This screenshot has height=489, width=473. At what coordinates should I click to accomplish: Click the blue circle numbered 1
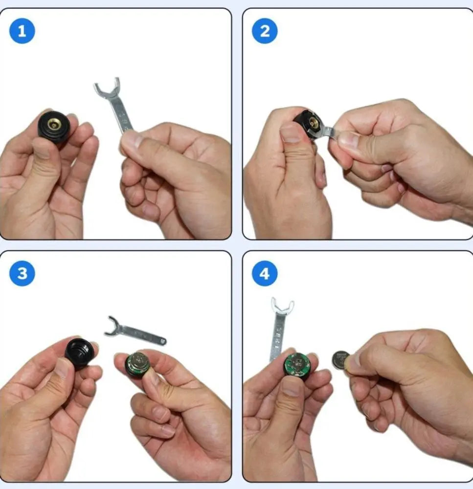pyautogui.click(x=22, y=31)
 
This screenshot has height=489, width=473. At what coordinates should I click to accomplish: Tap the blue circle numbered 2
pyautogui.click(x=265, y=31)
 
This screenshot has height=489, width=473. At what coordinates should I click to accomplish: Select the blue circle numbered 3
pyautogui.click(x=22, y=273)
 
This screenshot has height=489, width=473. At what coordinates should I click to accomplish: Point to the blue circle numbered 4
pyautogui.click(x=265, y=273)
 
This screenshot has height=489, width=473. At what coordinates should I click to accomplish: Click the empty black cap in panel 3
pyautogui.click(x=79, y=353)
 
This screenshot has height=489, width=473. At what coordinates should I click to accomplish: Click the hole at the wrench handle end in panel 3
pyautogui.click(x=162, y=341)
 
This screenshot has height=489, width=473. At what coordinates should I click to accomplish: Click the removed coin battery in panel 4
pyautogui.click(x=341, y=360)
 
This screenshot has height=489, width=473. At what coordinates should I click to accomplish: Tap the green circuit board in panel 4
pyautogui.click(x=297, y=365)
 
